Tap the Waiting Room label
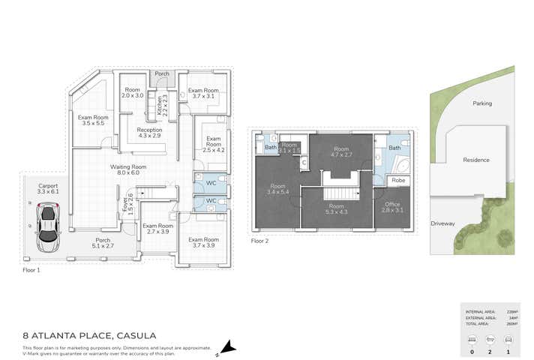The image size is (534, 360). pyautogui.click(x=127, y=169)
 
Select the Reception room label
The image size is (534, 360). pyautogui.click(x=148, y=133)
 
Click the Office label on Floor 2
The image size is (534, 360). pyautogui.click(x=392, y=207)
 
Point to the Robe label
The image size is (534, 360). pyautogui.click(x=398, y=181)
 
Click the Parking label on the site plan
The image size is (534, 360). pyautogui.click(x=481, y=103)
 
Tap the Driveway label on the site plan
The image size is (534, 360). pyautogui.click(x=442, y=223)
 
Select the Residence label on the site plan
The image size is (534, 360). pyautogui.click(x=475, y=160)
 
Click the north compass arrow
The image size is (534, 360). pyautogui.click(x=226, y=346)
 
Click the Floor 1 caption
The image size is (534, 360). pyautogui.click(x=31, y=269)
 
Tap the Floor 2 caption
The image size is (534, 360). pyautogui.click(x=259, y=241)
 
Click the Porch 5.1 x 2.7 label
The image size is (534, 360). pyautogui.click(x=102, y=243)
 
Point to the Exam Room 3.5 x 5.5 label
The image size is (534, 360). pyautogui.click(x=93, y=120)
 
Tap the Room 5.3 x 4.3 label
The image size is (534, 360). pyautogui.click(x=336, y=209)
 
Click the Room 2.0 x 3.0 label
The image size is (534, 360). pyautogui.click(x=133, y=93)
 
